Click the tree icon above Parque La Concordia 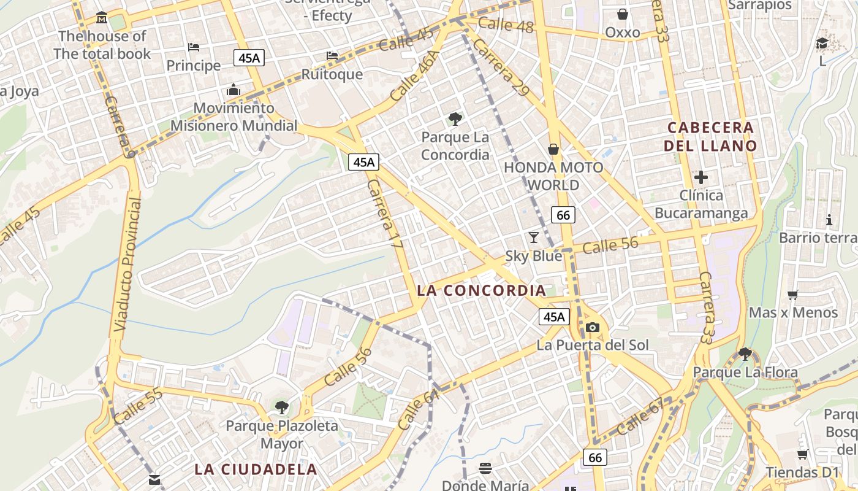click(455, 118)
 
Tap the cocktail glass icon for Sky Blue click(534, 238)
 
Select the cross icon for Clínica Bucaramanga click(701, 177)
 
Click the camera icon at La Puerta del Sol click(592, 327)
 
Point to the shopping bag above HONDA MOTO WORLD click(553, 149)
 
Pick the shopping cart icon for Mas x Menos click(792, 295)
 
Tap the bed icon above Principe click(194, 47)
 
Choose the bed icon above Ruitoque click(332, 56)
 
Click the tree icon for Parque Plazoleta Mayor click(281, 407)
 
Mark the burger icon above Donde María click(485, 469)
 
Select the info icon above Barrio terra click(829, 220)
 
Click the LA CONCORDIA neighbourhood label click(481, 290)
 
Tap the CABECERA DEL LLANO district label click(710, 136)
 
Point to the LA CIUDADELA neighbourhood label click(256, 470)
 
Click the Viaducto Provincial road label click(127, 264)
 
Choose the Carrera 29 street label click(500, 68)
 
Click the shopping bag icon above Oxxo click(623, 14)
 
